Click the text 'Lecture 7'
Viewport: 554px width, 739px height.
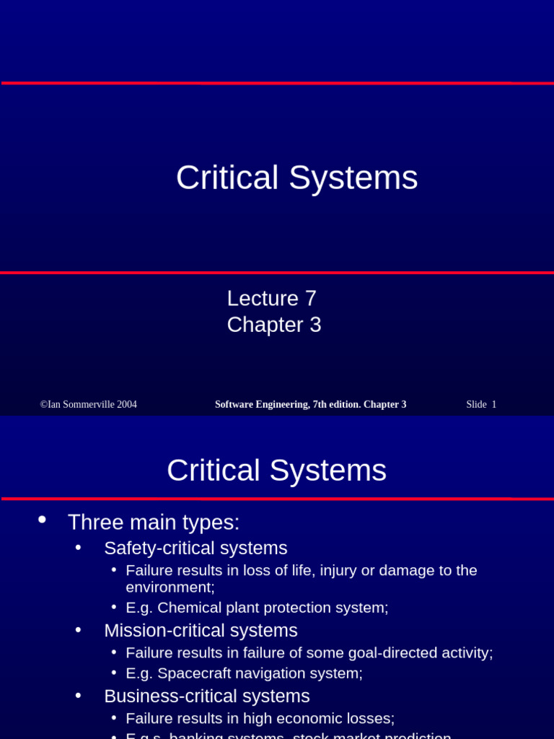(x=272, y=298)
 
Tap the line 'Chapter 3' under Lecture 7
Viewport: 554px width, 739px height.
(x=274, y=325)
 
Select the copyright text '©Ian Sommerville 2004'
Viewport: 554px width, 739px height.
(x=89, y=405)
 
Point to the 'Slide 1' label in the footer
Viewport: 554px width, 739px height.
(x=481, y=405)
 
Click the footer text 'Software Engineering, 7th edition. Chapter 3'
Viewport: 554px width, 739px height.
(x=310, y=405)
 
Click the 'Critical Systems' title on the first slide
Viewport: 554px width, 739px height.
(x=296, y=178)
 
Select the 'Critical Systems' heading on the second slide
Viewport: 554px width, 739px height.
(x=276, y=471)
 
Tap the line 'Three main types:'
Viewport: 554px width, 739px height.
(x=154, y=522)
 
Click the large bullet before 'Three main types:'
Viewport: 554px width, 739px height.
(x=42, y=520)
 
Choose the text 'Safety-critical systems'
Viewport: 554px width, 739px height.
(x=195, y=548)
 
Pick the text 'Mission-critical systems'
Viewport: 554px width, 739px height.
(x=201, y=631)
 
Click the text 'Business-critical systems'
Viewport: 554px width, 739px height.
(x=207, y=696)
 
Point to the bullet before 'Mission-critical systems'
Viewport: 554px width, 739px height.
(x=78, y=630)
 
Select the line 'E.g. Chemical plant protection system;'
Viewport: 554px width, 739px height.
(x=257, y=608)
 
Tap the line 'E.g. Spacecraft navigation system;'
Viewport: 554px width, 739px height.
(x=244, y=673)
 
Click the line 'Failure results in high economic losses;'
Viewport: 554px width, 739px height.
(x=260, y=719)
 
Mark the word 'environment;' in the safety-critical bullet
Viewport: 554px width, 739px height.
(x=170, y=587)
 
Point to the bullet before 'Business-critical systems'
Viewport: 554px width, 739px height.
(x=78, y=696)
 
